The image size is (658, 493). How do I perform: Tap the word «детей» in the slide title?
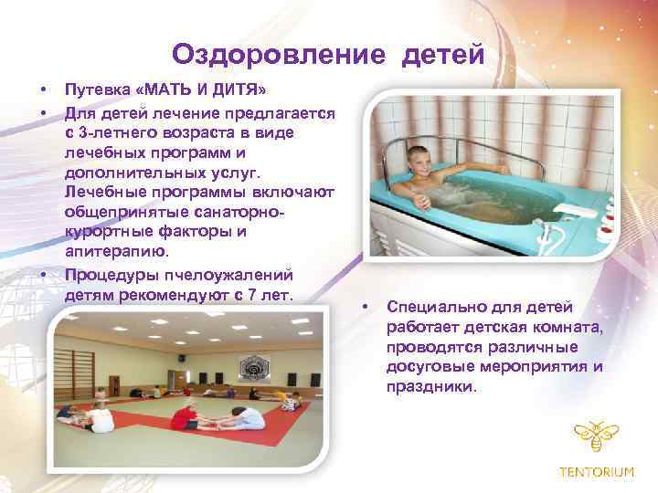coord(440,56)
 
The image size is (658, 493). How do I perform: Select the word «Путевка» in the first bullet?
coord(97,92)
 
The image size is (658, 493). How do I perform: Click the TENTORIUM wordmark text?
coord(595,472)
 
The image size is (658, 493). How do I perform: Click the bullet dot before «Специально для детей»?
coord(364,307)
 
